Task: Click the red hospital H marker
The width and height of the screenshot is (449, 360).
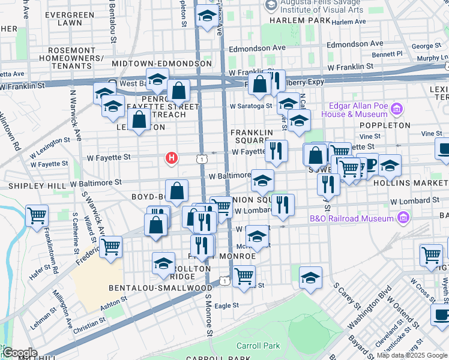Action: [172, 158]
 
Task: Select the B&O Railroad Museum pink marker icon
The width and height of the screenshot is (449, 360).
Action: [403, 217]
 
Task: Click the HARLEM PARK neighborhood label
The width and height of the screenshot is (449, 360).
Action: [300, 20]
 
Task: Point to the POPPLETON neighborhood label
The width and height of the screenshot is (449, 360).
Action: [385, 125]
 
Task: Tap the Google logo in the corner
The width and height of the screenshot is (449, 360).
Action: [19, 352]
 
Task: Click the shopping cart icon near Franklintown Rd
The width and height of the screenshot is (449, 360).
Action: [37, 215]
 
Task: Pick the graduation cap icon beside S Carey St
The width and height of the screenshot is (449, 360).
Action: [310, 277]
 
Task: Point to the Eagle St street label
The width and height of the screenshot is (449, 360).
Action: [226, 305]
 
